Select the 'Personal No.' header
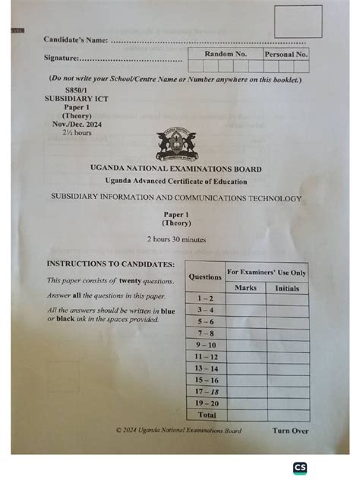pos(286,55)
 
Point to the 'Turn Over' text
pos(290,431)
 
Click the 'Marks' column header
pos(245,288)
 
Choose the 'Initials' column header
pos(287,288)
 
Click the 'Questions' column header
pos(205,277)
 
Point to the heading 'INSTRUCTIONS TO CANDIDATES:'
pos(111,264)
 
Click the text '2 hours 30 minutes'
pos(176,239)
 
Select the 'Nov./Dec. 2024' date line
pos(76,124)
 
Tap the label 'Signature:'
pos(62,58)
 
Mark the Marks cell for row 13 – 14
pos(245,368)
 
